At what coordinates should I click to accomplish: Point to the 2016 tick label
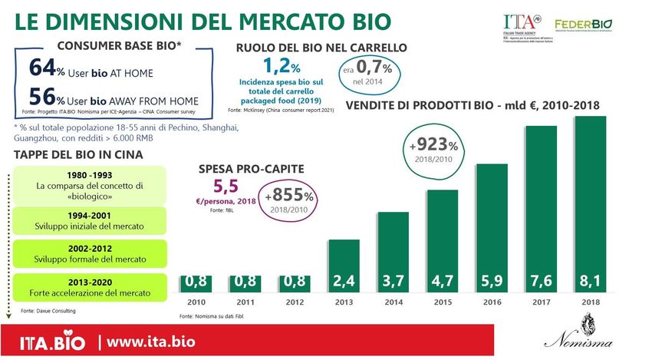point(493,302)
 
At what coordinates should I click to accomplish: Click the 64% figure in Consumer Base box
point(47,70)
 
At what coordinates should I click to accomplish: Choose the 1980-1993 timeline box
point(91,181)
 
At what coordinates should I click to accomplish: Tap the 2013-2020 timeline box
point(91,286)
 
